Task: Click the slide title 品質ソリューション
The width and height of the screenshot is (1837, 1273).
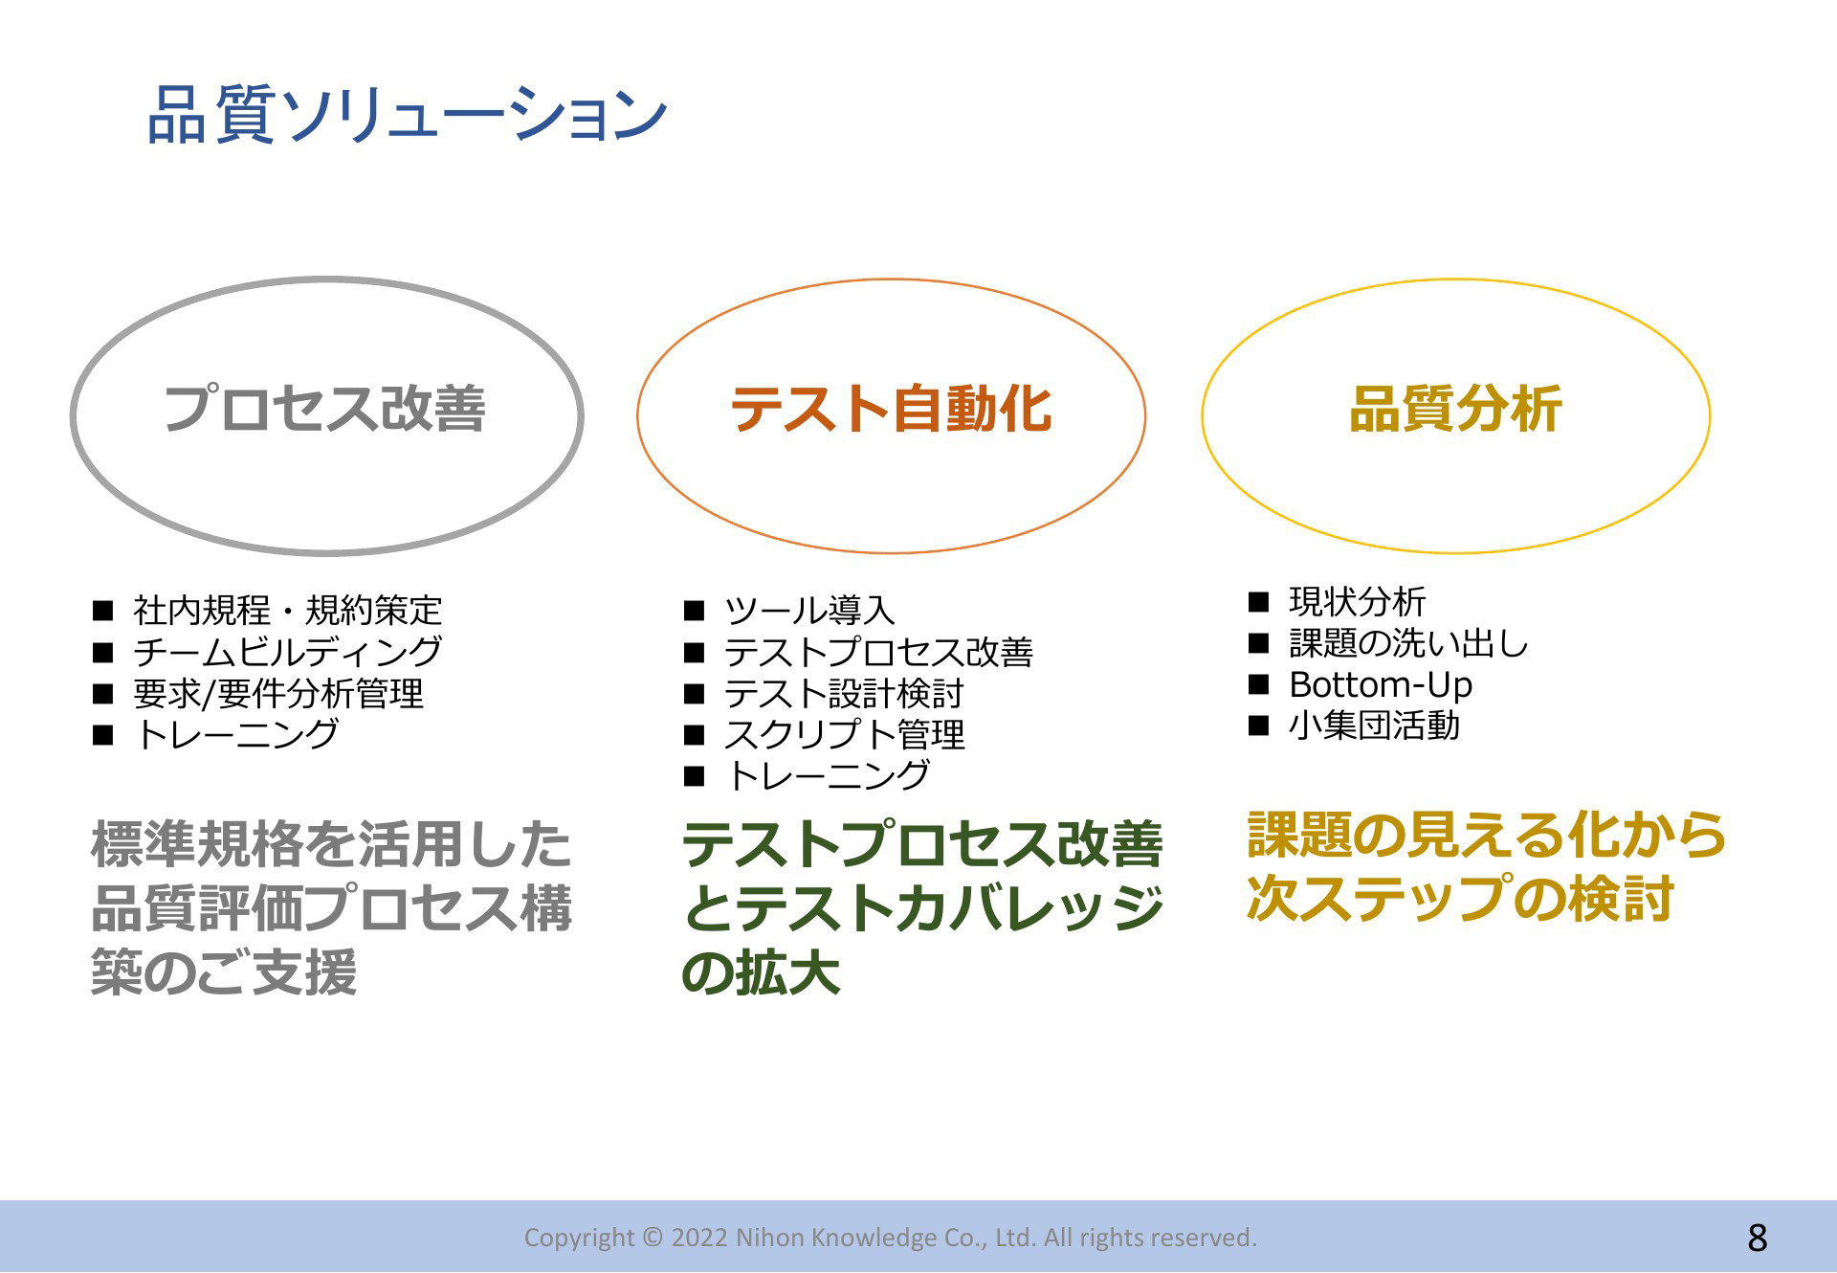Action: click(x=408, y=115)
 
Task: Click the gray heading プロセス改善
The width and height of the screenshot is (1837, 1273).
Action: click(x=325, y=409)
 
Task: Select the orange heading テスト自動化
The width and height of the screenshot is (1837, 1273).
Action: click(x=891, y=410)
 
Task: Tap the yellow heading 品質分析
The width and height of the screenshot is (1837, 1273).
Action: click(x=1455, y=410)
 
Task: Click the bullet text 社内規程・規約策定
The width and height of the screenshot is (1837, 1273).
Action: click(x=288, y=610)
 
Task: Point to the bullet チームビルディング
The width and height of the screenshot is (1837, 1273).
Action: click(x=288, y=652)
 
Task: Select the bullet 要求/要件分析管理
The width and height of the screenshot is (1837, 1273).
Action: click(x=278, y=693)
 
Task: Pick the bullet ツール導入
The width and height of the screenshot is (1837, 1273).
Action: click(x=809, y=610)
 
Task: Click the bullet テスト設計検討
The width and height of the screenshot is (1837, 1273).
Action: click(x=844, y=693)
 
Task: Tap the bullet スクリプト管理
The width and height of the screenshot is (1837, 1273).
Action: click(x=844, y=734)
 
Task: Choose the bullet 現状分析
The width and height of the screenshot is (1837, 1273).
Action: click(x=1358, y=602)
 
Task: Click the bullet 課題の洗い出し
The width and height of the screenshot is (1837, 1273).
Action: click(x=1408, y=643)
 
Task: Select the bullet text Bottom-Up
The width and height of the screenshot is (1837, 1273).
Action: click(x=1381, y=684)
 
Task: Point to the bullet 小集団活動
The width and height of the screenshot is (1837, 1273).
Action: click(x=1375, y=726)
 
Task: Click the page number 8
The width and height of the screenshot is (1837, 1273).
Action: click(x=1758, y=1239)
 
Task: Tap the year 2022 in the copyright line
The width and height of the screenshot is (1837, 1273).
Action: click(x=699, y=1238)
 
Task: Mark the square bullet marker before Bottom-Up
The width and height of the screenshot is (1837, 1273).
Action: click(x=1259, y=684)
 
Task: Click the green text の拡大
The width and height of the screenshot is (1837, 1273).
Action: click(x=762, y=973)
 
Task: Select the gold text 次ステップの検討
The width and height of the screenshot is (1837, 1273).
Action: click(x=1460, y=899)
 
